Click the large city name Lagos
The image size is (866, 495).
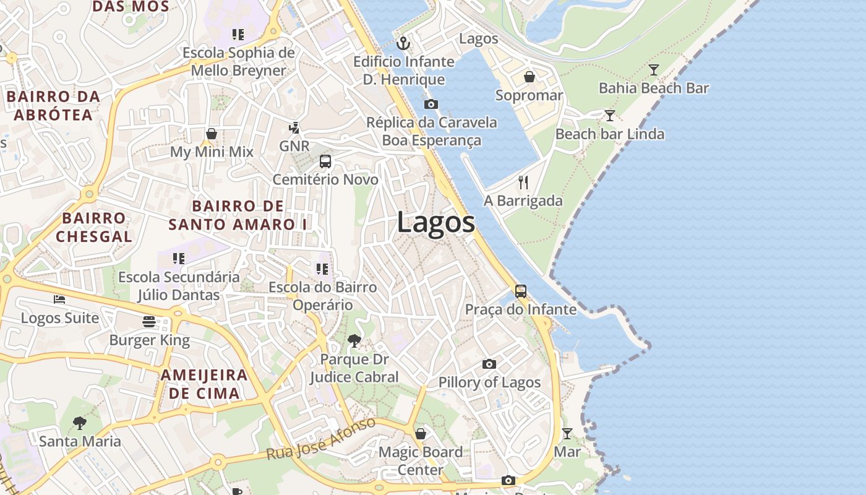(436, 222)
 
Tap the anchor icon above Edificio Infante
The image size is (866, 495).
(403, 43)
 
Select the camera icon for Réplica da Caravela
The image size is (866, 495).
(431, 104)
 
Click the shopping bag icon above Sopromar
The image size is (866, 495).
(529, 77)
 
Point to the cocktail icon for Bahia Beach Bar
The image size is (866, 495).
(654, 69)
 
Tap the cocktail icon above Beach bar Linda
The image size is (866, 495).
(610, 116)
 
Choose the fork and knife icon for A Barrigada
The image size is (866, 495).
(523, 182)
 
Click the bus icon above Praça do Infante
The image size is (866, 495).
(521, 291)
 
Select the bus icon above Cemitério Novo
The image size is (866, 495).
(325, 161)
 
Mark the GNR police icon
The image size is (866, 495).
(294, 128)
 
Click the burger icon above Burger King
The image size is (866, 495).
(149, 322)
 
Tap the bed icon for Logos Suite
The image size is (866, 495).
(59, 299)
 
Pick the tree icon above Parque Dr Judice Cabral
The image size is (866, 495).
(354, 340)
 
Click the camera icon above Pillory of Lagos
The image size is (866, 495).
(489, 364)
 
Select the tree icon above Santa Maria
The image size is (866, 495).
(80, 423)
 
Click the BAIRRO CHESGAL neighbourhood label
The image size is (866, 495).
(94, 227)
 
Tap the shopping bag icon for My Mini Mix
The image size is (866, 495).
(212, 134)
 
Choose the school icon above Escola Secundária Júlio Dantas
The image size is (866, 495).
(179, 259)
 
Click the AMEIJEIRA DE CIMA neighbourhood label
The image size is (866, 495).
(204, 384)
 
